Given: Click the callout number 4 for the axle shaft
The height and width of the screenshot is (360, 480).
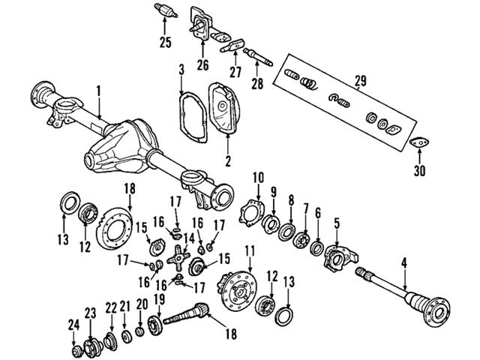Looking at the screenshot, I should click(x=404, y=263).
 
